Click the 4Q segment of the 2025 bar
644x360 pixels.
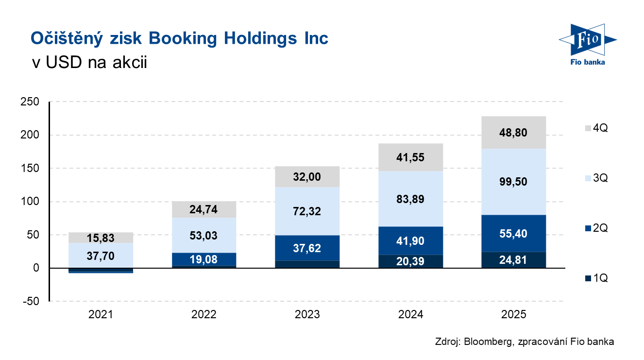click(x=514, y=132)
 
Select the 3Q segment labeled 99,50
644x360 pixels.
click(x=514, y=181)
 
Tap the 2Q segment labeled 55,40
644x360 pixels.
click(x=514, y=233)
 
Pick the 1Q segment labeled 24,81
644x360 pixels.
click(x=514, y=260)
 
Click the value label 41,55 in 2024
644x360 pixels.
click(x=410, y=157)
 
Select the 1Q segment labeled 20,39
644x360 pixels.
click(x=410, y=261)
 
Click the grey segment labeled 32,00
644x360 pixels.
click(x=307, y=177)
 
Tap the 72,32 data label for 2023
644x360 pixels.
click(x=307, y=211)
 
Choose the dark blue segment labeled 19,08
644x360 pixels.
click(x=204, y=259)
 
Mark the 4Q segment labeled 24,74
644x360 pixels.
click(x=204, y=209)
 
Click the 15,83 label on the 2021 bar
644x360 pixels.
click(x=101, y=238)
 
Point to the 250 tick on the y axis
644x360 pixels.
click(x=30, y=102)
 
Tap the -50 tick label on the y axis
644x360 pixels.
click(x=30, y=301)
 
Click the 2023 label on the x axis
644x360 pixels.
click(x=307, y=314)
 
